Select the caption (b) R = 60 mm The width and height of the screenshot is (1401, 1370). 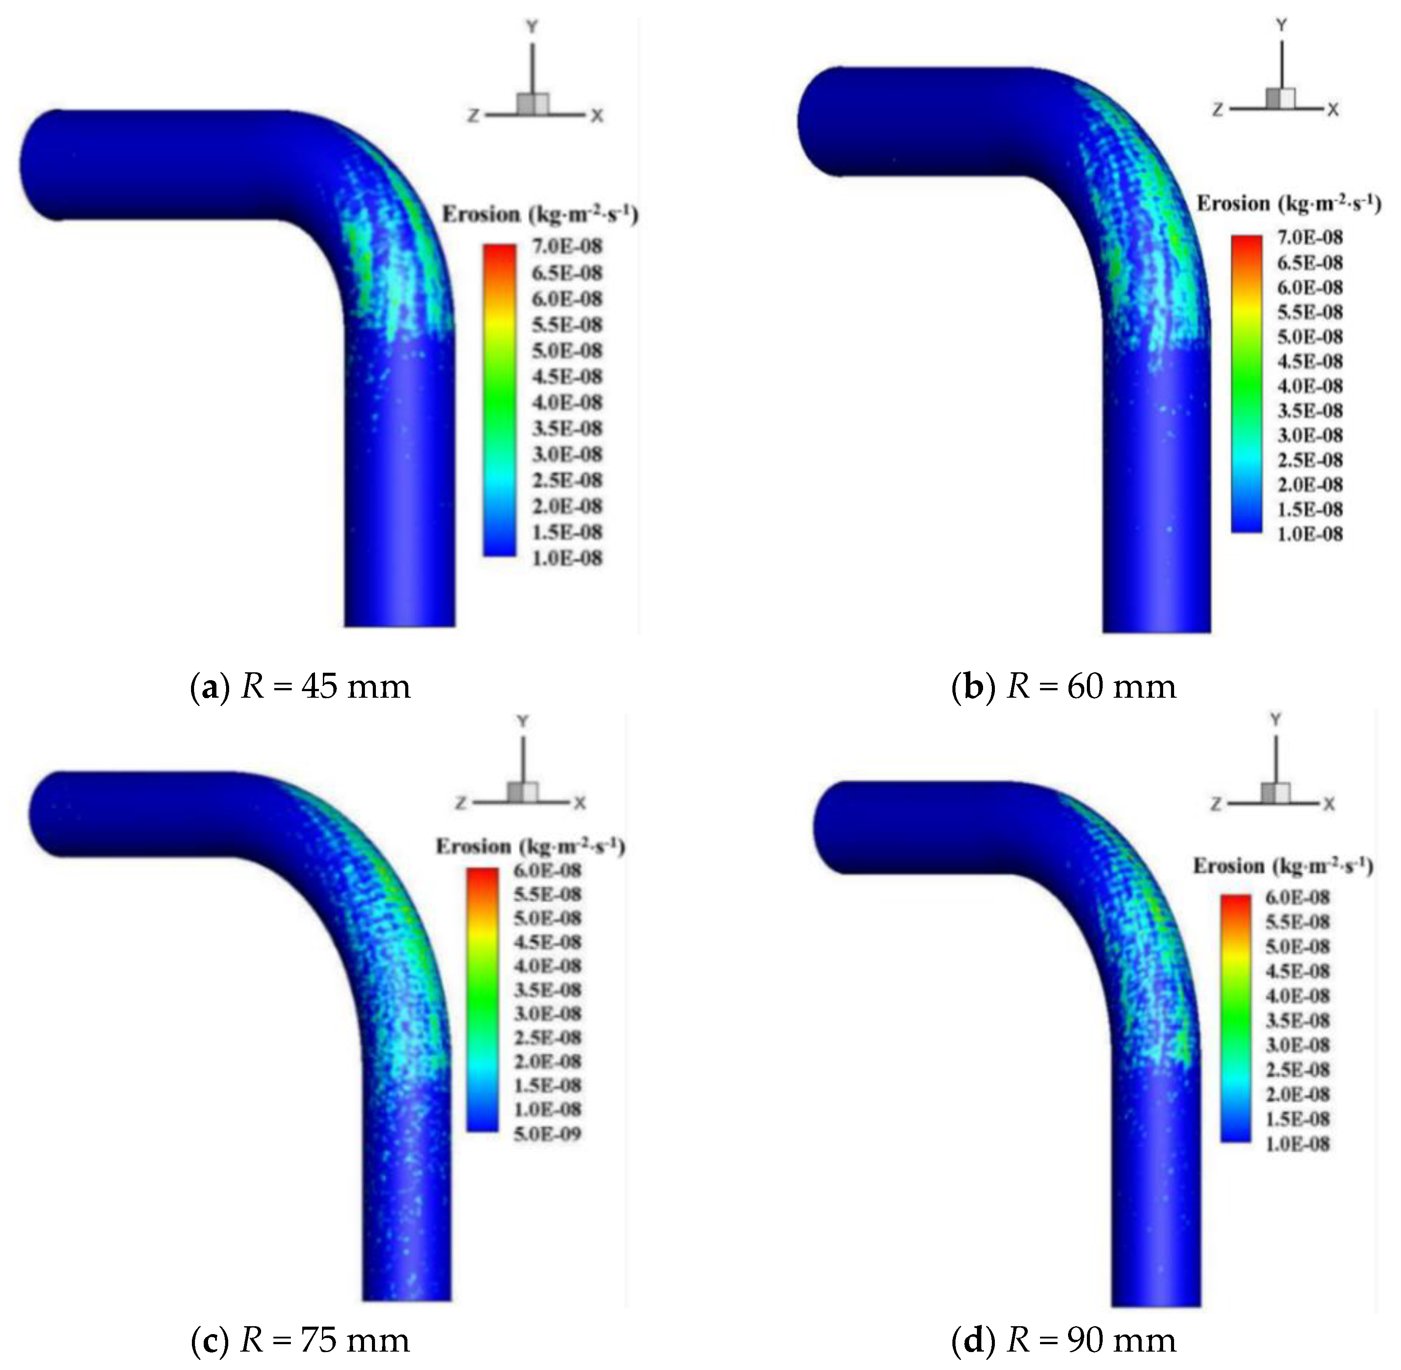pos(1064,686)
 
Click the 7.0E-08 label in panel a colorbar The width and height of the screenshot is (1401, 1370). pos(566,247)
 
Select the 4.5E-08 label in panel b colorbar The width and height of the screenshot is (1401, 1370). pos(1309,361)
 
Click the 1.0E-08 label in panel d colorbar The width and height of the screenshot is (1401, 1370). pos(1297,1143)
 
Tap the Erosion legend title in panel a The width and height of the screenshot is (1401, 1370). pos(540,215)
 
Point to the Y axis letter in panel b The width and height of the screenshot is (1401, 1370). pos(1281,25)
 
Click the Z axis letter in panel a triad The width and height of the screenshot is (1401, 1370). pos(473,115)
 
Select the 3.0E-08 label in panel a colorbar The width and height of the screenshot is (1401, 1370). pos(566,454)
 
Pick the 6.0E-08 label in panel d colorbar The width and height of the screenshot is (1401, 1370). pos(1297,897)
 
